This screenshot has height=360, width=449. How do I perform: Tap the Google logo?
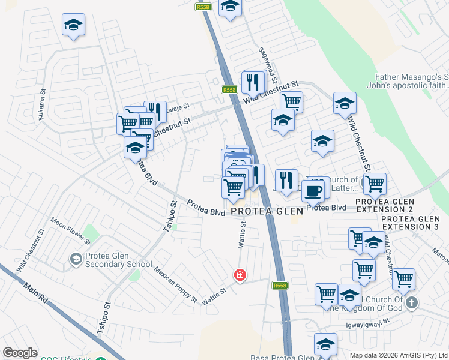[20, 353]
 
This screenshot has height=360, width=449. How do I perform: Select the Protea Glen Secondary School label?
[118, 259]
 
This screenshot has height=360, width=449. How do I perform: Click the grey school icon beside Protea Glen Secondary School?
[76, 259]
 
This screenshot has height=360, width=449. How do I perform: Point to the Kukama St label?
[42, 107]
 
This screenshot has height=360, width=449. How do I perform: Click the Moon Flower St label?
[71, 230]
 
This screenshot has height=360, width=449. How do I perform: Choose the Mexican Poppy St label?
[175, 284]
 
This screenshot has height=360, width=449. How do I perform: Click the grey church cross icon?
[411, 302]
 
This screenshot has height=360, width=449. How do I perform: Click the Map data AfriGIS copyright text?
[398, 355]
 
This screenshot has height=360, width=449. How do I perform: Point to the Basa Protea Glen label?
[282, 358]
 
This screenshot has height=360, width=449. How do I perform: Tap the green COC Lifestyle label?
[66, 358]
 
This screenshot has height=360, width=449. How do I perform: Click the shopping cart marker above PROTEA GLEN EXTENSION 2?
[375, 184]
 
